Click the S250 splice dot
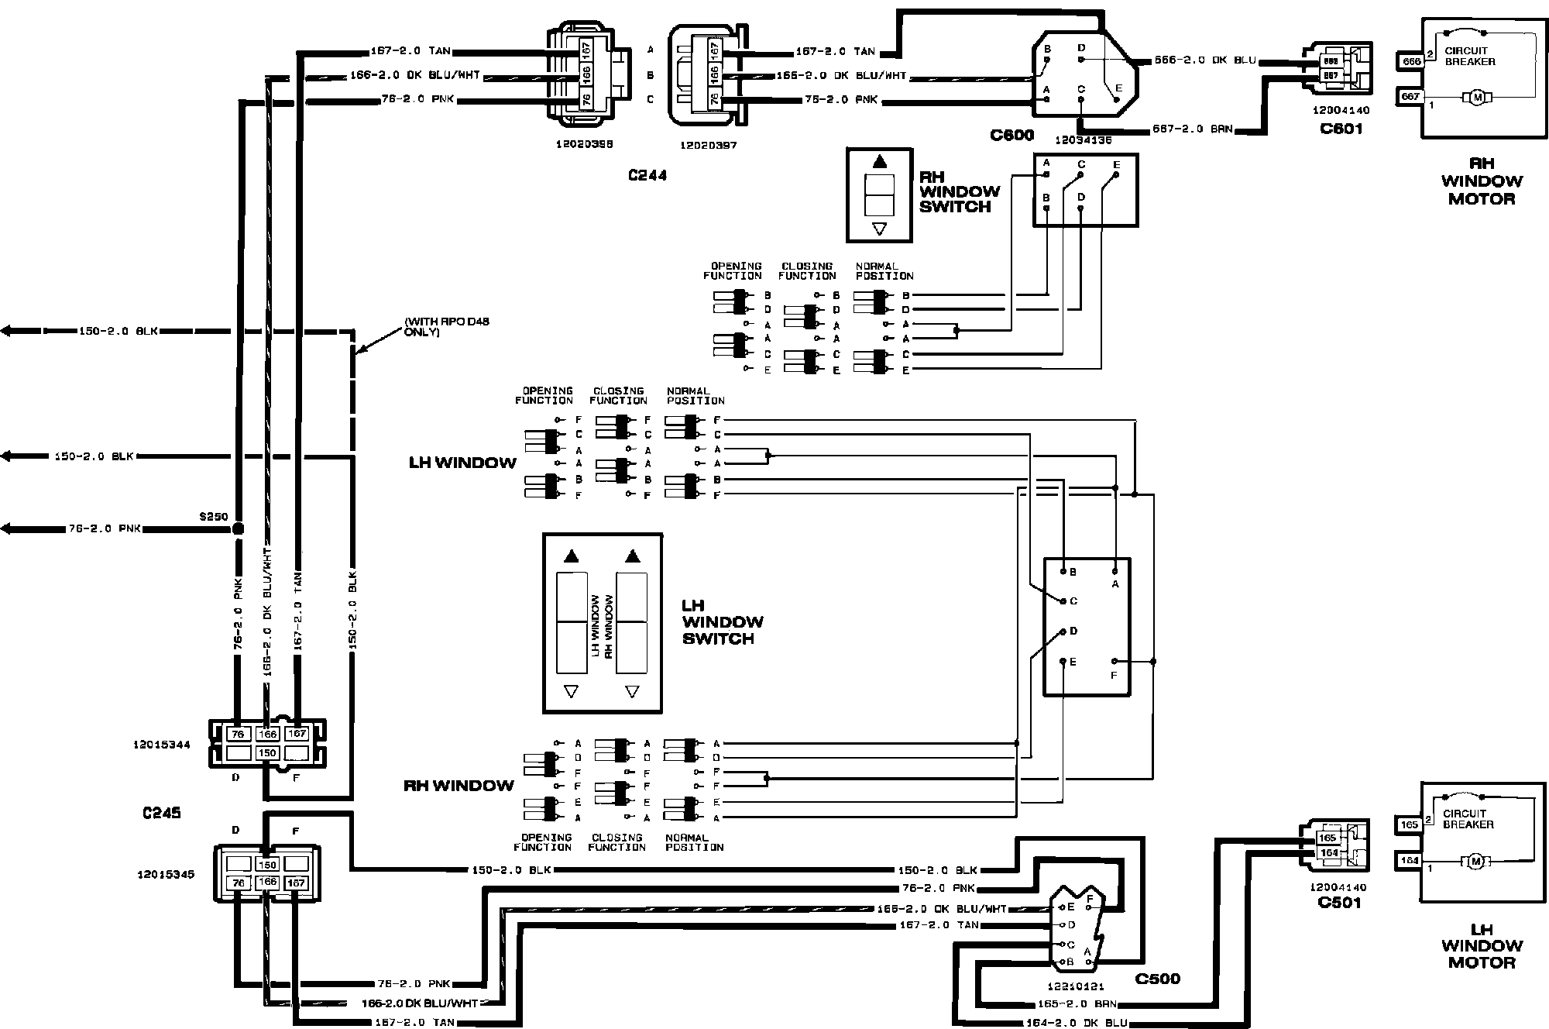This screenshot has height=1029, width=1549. click(238, 528)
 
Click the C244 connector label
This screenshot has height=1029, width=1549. click(647, 175)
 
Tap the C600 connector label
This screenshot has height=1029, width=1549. click(1011, 135)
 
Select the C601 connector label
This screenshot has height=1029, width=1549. click(1341, 128)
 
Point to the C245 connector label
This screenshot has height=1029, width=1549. click(162, 813)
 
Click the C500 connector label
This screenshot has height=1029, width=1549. click(1157, 979)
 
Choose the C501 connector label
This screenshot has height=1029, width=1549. click(1339, 902)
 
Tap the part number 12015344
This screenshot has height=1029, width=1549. click(162, 745)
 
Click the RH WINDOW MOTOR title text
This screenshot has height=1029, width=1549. click(1481, 181)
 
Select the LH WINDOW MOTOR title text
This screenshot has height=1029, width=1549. click(1481, 945)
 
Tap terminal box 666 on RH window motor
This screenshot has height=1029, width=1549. click(1410, 60)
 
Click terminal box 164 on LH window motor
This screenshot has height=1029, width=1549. click(1410, 860)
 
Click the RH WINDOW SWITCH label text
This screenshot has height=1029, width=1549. click(959, 191)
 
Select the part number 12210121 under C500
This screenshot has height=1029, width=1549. click(1077, 986)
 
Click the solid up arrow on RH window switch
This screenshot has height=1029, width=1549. click(879, 162)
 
